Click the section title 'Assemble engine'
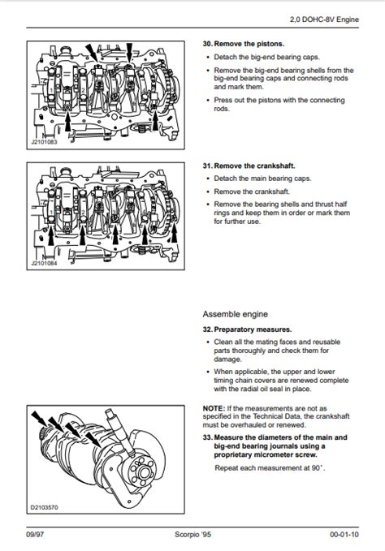236,313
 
